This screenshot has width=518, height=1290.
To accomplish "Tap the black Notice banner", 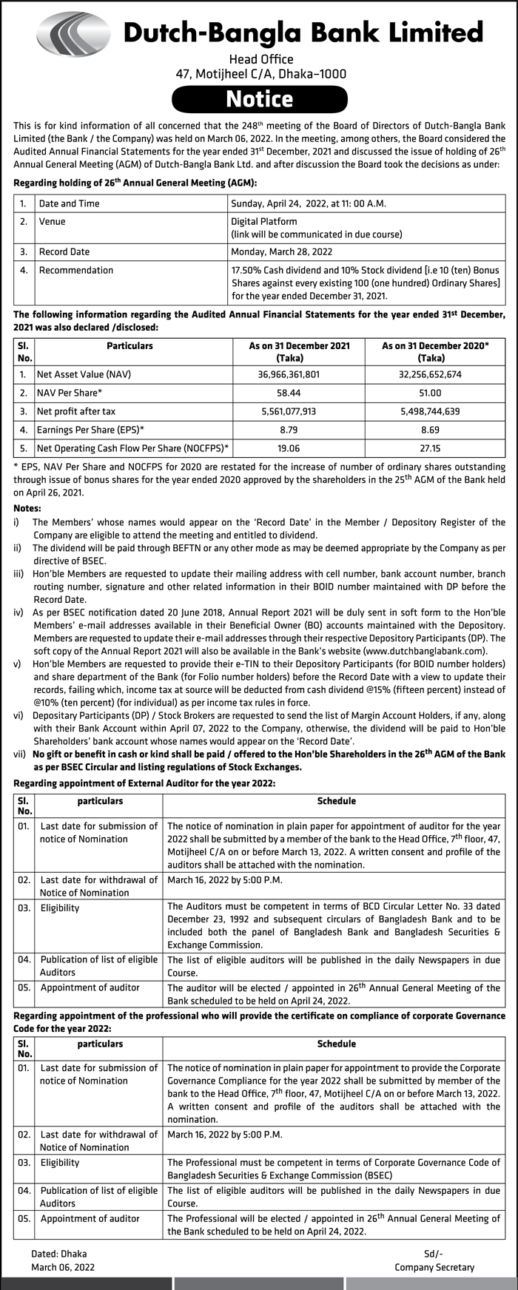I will pyautogui.click(x=260, y=99).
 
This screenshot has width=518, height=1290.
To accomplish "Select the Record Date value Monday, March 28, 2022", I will pyautogui.click(x=282, y=251).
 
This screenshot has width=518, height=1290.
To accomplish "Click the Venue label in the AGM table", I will pyautogui.click(x=52, y=221).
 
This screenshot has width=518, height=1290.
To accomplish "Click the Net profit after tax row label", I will pyautogui.click(x=76, y=411).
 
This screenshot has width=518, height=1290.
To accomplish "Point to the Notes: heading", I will pyautogui.click(x=27, y=508).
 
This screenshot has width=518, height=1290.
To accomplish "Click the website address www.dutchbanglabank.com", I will pyautogui.click(x=425, y=651).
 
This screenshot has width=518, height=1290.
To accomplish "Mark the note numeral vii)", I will pyautogui.click(x=21, y=754).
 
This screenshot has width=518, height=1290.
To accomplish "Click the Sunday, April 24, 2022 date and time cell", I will pyautogui.click(x=309, y=203).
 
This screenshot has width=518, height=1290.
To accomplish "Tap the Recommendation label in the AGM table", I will pyautogui.click(x=76, y=270).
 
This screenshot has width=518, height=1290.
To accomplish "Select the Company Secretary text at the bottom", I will pyautogui.click(x=434, y=1267).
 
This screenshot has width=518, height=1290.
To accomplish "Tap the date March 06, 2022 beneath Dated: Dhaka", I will pyautogui.click(x=63, y=1267).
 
